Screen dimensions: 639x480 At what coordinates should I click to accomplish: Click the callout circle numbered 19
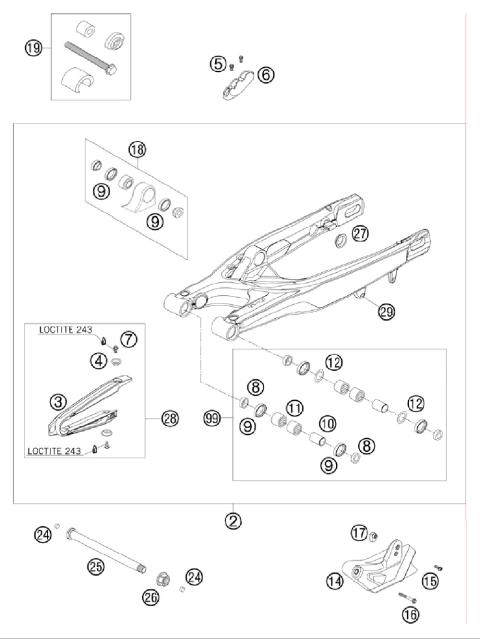point(33,48)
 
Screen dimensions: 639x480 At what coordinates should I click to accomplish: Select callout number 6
point(265,73)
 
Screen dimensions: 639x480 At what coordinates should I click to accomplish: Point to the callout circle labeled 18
point(136,150)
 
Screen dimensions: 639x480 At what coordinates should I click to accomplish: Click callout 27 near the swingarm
point(332,233)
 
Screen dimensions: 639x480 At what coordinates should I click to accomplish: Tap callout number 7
point(129,339)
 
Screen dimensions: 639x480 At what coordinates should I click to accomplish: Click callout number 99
point(210,417)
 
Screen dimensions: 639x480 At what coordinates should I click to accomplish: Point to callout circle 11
point(294,408)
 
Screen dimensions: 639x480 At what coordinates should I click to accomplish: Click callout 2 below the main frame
point(232,520)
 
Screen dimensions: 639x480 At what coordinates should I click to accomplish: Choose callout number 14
point(335,580)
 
